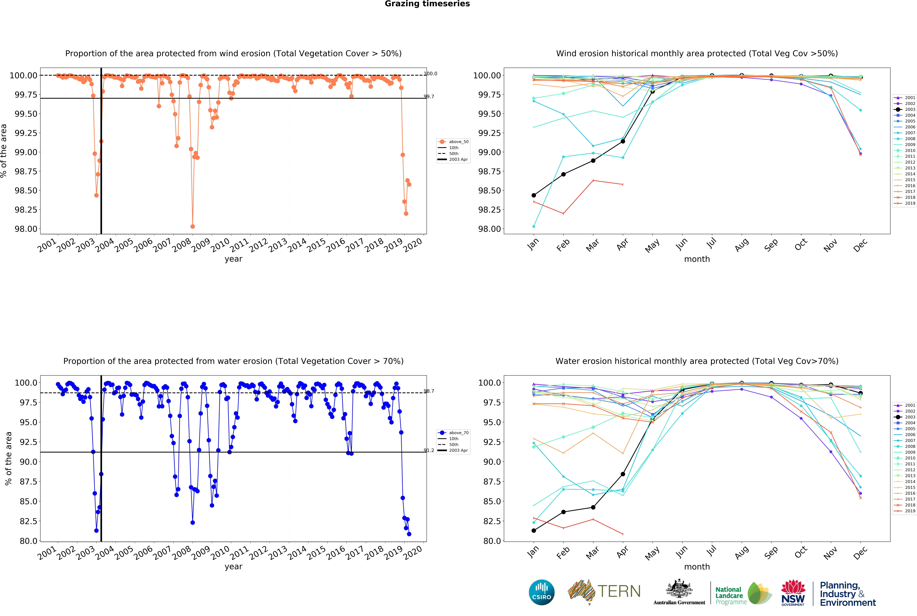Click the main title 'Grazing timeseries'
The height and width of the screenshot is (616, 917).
tap(427, 4)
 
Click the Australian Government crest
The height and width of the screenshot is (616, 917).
tap(679, 589)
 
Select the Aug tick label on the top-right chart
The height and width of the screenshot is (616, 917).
tap(741, 245)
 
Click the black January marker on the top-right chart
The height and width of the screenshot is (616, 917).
tap(534, 195)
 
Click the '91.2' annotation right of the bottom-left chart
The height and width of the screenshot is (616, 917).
tap(429, 451)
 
